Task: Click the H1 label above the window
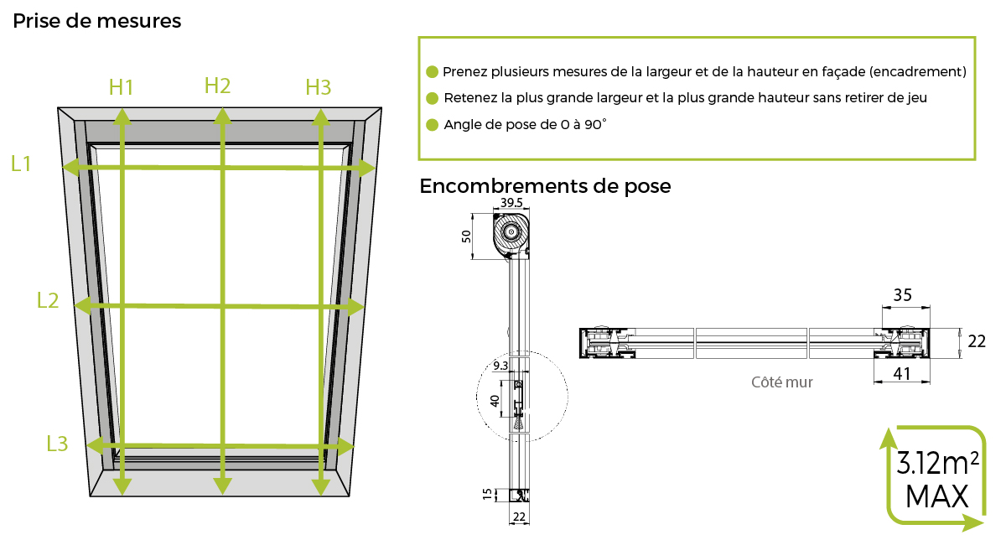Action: point(122,86)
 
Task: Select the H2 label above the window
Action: point(217,85)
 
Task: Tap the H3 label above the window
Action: point(318,86)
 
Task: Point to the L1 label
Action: point(21,164)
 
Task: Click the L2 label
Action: point(48,299)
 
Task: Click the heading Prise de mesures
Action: point(96,21)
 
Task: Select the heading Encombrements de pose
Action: point(545,185)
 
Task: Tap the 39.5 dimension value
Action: point(512,204)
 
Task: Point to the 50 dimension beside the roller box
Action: point(468,236)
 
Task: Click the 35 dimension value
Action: point(902,294)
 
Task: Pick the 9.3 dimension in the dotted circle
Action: point(501,365)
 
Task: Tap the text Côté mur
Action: point(782,382)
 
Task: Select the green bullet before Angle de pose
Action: point(433,125)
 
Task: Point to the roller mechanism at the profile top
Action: point(511,233)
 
